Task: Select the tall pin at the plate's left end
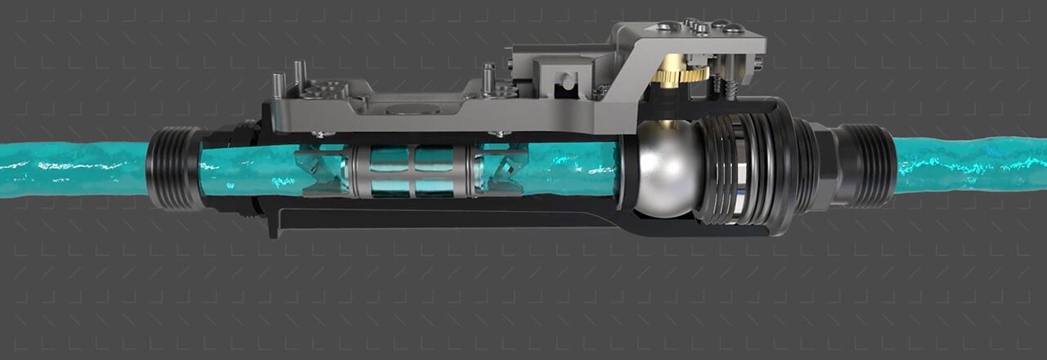pos(279,83)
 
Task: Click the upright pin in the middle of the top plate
pos(489,79)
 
